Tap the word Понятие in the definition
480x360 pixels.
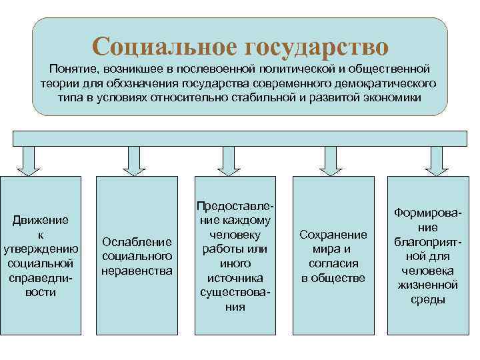click(71, 69)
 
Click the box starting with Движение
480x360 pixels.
click(42, 256)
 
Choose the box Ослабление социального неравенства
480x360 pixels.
click(137, 256)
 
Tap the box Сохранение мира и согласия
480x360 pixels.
click(333, 256)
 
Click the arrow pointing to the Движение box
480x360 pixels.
click(29, 161)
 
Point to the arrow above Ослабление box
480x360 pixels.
click(131, 161)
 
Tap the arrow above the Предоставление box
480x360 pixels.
click(230, 161)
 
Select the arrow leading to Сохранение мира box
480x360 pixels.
click(329, 161)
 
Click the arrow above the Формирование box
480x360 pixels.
click(437, 161)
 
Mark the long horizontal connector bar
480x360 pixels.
click(240, 138)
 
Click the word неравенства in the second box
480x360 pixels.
click(137, 271)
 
